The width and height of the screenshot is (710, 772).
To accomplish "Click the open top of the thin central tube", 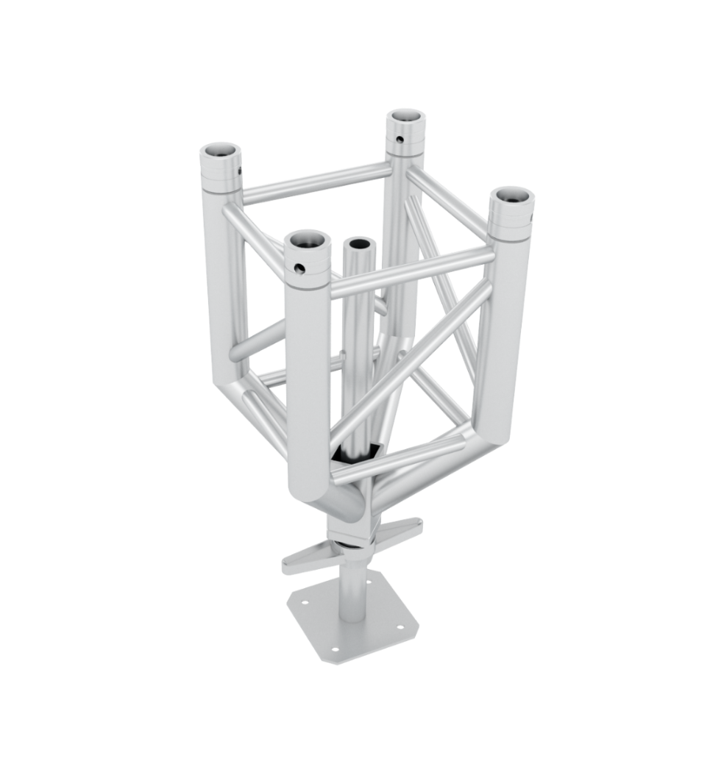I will [360, 244].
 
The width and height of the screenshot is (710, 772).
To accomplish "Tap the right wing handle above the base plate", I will [403, 525].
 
